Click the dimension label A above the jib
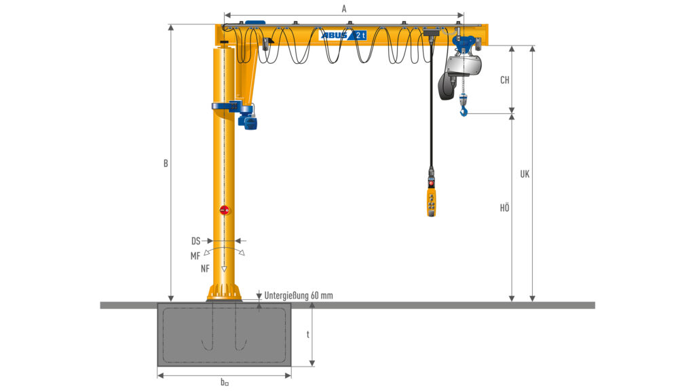tap(344, 9)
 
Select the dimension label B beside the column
tap(166, 164)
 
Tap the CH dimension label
tap(505, 80)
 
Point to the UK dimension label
tap(525, 174)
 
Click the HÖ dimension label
tap(505, 208)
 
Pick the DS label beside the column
tap(196, 241)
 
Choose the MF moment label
tap(195, 256)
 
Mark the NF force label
tap(205, 269)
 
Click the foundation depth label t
tap(308, 334)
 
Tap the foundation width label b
tap(225, 381)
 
